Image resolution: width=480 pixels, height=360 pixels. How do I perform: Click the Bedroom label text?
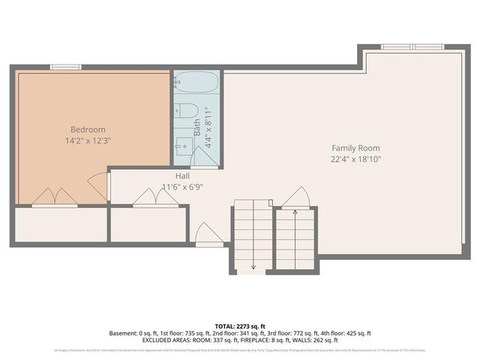(x=88, y=129)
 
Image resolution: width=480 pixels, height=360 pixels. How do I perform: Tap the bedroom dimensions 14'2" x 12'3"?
(x=88, y=140)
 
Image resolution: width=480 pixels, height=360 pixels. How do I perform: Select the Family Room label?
(x=356, y=148)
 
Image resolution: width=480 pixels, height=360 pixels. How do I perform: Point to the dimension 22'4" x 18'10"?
(x=356, y=159)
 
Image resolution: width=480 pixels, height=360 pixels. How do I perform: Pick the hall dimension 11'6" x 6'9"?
(x=182, y=187)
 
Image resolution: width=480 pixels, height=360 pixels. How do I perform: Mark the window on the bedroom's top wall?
(x=66, y=67)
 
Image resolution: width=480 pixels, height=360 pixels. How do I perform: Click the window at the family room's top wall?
(x=412, y=47)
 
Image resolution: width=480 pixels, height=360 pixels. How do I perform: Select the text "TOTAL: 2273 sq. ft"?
(x=240, y=325)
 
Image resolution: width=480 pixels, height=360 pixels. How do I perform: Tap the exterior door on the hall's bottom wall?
(x=208, y=235)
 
